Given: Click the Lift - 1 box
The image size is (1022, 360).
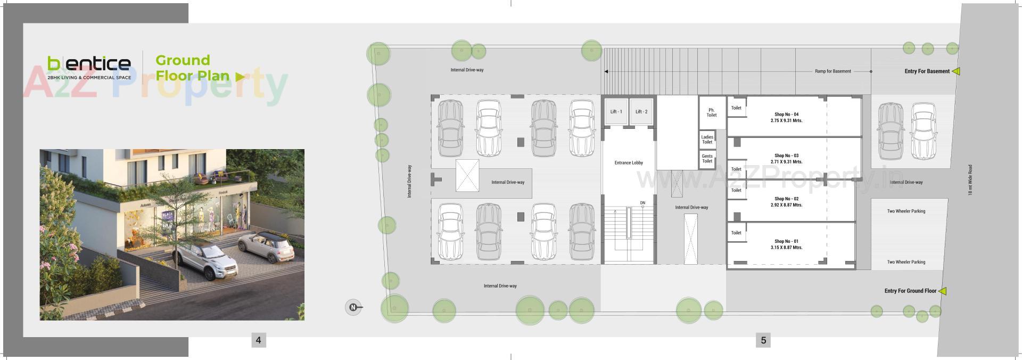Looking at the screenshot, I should (616, 112).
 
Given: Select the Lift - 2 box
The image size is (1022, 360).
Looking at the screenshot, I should (641, 112).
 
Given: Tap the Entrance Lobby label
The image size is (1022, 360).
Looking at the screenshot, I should (629, 163).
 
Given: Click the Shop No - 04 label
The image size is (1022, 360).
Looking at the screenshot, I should (786, 114).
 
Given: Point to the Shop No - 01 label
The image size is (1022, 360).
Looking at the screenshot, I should (786, 241).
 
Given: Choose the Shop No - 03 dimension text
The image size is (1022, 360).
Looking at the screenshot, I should (786, 162).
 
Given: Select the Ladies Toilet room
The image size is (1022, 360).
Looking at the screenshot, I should (707, 140).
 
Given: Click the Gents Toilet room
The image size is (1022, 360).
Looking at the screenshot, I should (707, 159).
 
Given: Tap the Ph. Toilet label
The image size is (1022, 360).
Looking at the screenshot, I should (712, 112).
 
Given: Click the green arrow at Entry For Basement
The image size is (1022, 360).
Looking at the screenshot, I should (955, 71).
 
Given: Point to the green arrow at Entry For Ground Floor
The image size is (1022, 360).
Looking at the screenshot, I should (942, 291).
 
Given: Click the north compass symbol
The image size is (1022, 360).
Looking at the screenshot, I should (353, 307).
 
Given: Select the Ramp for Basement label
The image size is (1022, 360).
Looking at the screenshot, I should (833, 71).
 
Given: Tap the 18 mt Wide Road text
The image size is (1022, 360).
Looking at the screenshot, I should (970, 180).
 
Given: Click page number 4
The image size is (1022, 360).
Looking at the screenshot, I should (258, 340).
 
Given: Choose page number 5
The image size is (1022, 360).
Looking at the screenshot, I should (763, 340).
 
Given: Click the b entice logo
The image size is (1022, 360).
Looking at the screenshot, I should (89, 64).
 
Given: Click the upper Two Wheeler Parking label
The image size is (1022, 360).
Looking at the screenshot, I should (906, 211).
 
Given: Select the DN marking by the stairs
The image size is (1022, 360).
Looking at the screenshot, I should (642, 203).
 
